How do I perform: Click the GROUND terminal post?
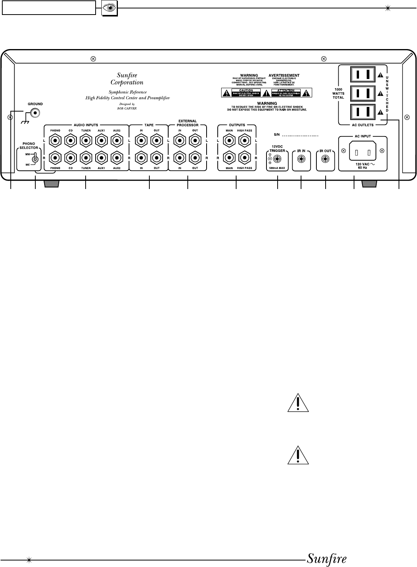[36, 113]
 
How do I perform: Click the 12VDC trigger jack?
[275, 159]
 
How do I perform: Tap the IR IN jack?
[301, 159]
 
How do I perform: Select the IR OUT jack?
[326, 159]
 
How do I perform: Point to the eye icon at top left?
[109, 8]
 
